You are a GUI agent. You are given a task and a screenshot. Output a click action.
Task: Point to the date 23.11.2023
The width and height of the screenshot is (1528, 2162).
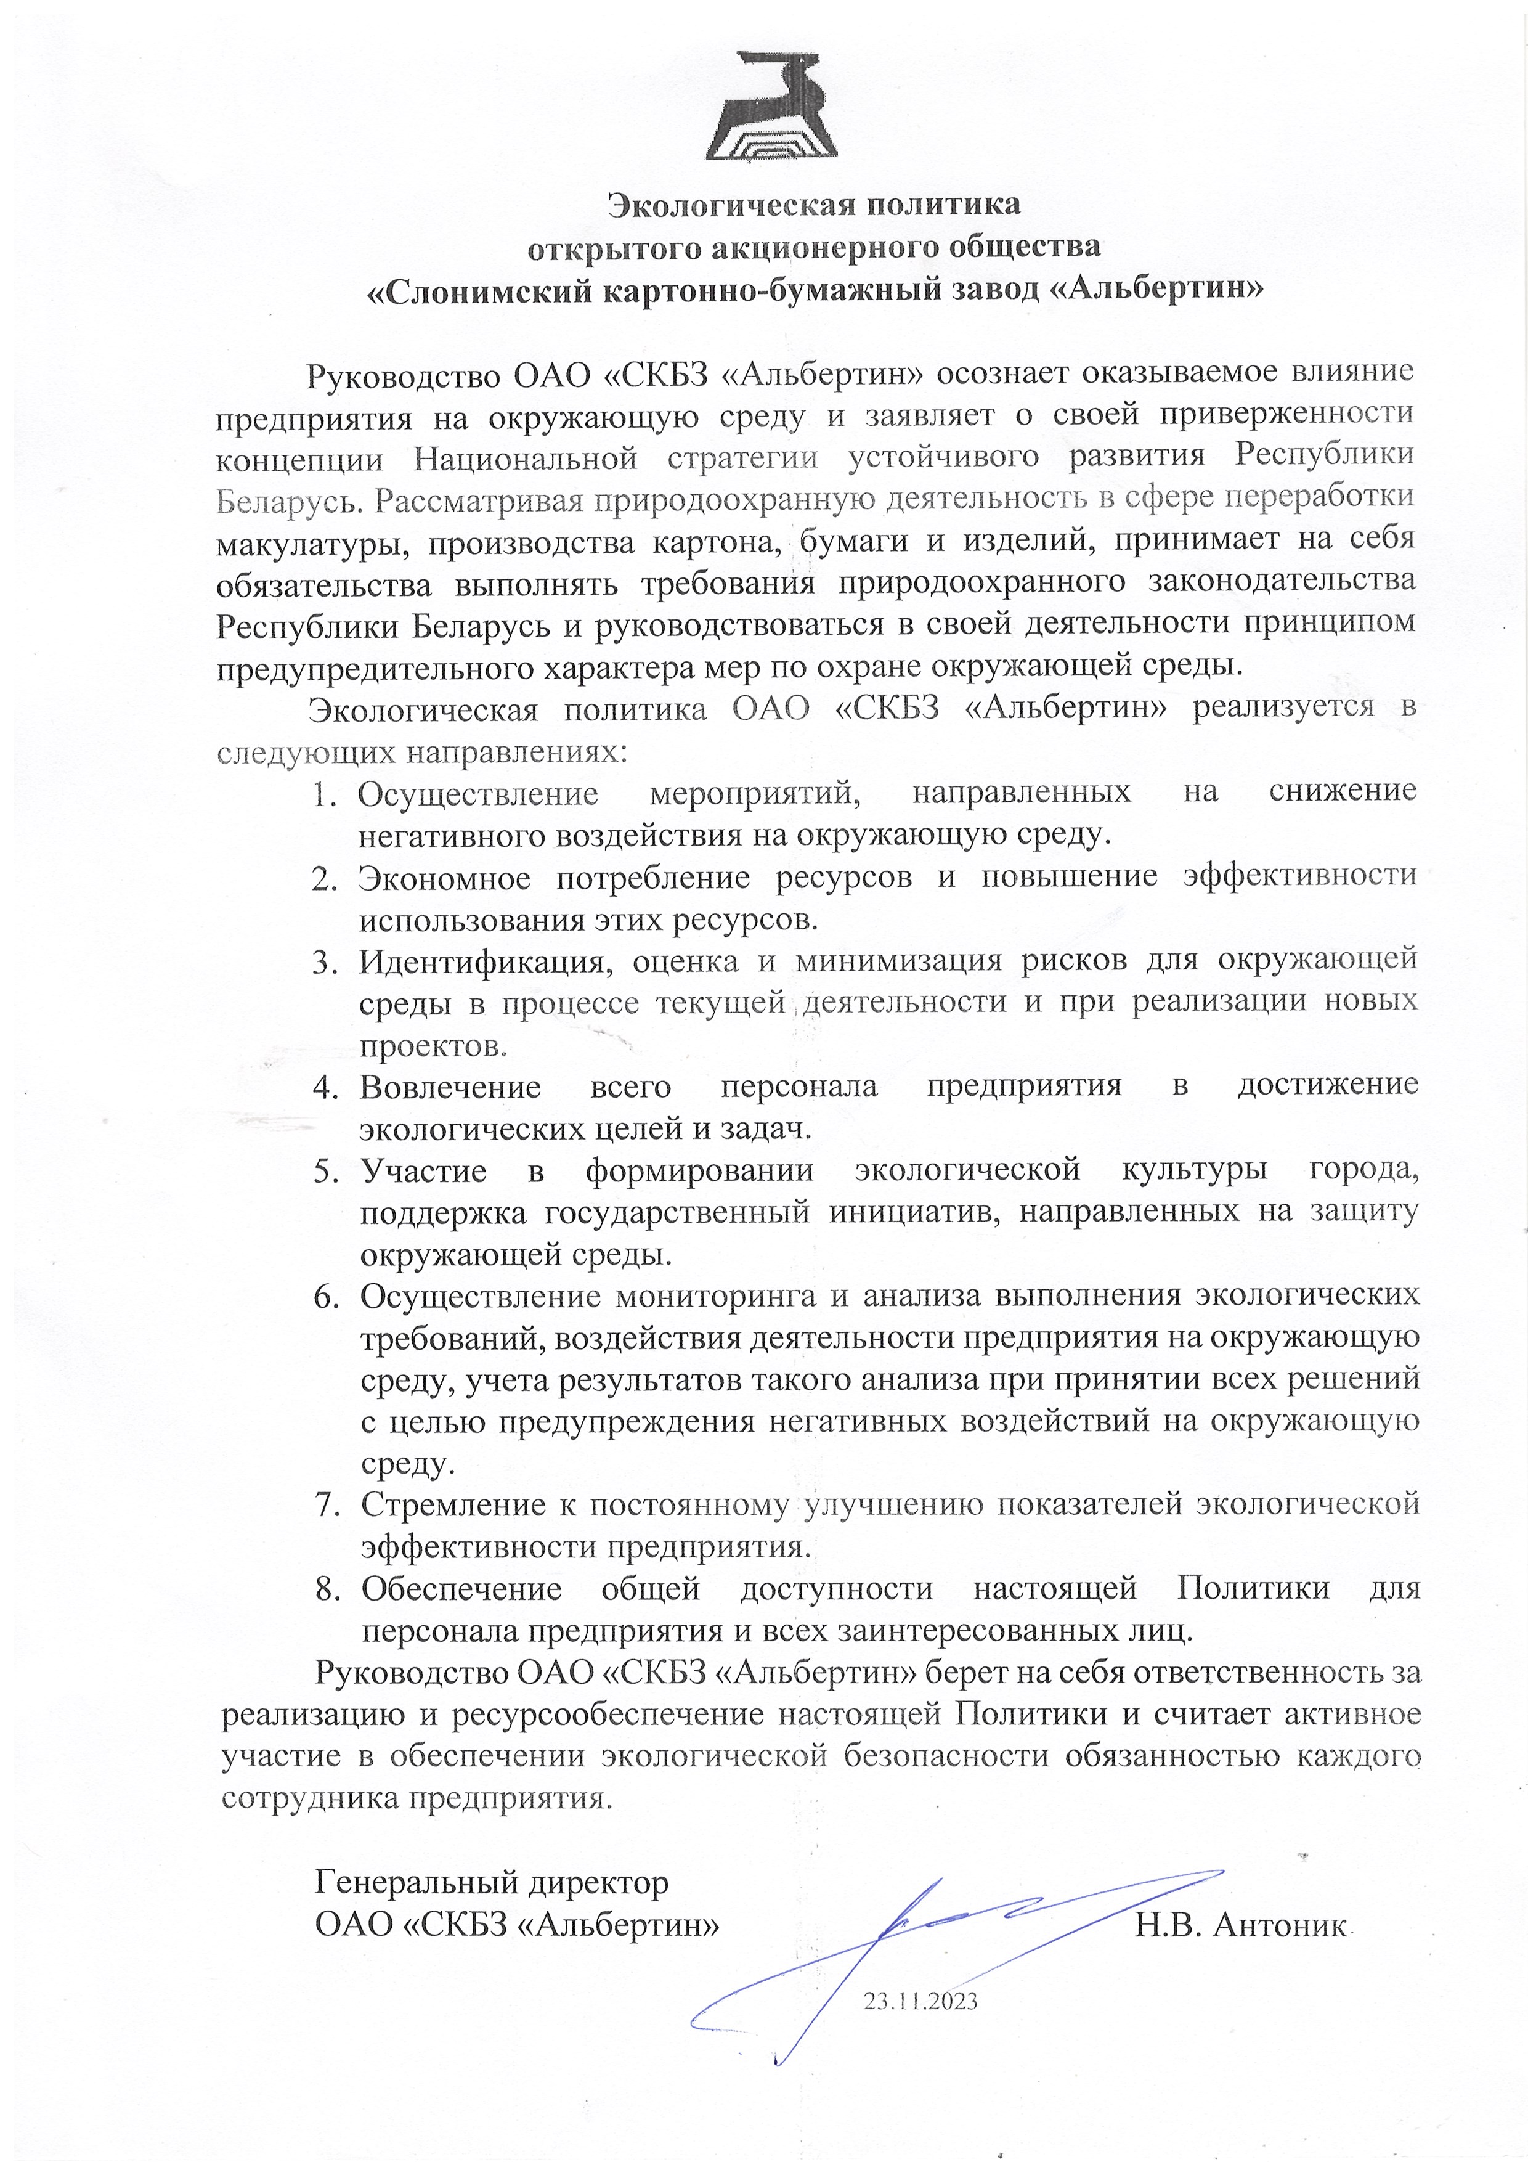point(920,2000)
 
